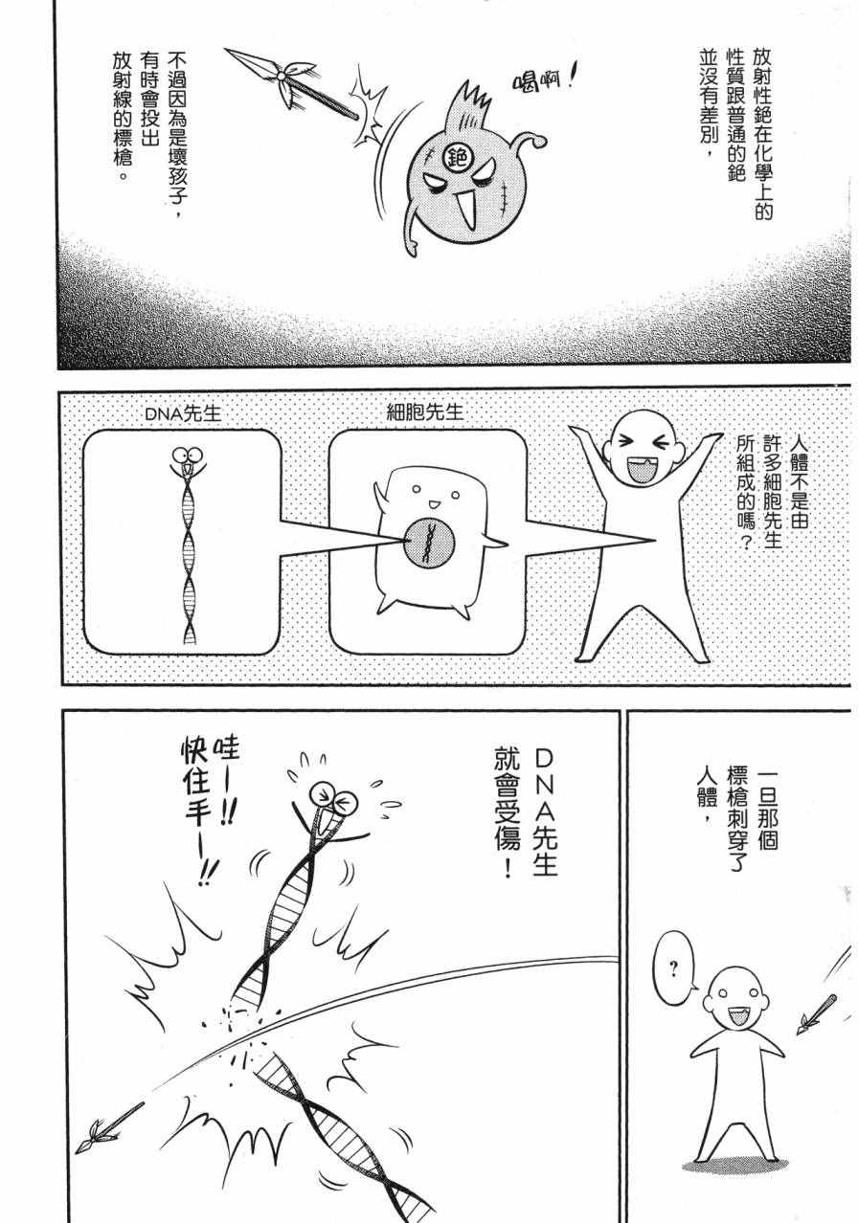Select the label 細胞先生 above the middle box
pyautogui.click(x=424, y=411)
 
